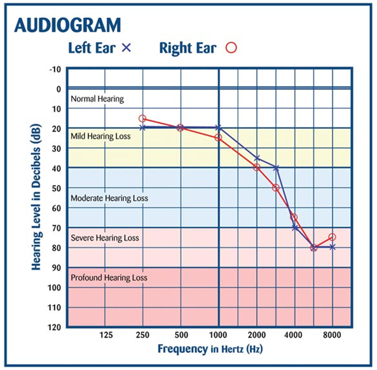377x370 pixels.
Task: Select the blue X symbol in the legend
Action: pyautogui.click(x=126, y=48)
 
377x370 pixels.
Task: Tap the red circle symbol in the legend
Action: pyautogui.click(x=231, y=48)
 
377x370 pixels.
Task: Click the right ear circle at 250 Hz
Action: pyautogui.click(x=142, y=119)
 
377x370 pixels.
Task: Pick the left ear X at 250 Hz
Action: pyautogui.click(x=142, y=128)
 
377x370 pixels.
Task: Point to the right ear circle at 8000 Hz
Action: pyautogui.click(x=332, y=237)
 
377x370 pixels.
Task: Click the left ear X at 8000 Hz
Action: pyautogui.click(x=332, y=247)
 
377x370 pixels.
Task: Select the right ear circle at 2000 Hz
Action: pyautogui.click(x=257, y=167)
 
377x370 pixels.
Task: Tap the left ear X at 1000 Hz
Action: pyautogui.click(x=219, y=128)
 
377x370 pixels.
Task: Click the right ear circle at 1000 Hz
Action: pyautogui.click(x=219, y=138)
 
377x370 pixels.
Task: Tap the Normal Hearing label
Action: pyautogui.click(x=97, y=99)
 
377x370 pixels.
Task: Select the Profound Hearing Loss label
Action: pyautogui.click(x=109, y=278)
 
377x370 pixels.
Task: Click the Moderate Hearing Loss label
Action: pyautogui.click(x=109, y=198)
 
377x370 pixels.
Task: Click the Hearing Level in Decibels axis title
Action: pyautogui.click(x=37, y=197)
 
